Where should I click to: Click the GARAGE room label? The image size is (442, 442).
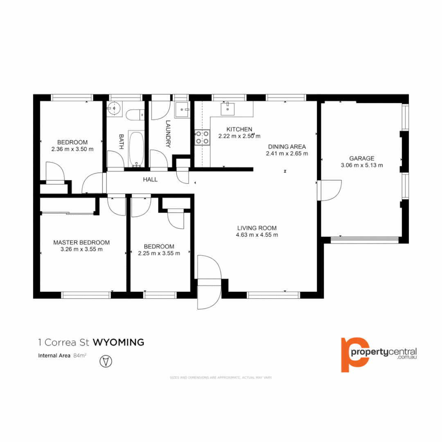click(361, 158)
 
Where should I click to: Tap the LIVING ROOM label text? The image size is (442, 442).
click(257, 228)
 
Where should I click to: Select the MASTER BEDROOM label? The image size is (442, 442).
click(81, 242)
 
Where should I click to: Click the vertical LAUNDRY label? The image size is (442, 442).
click(168, 133)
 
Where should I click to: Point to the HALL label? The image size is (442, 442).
click(150, 179)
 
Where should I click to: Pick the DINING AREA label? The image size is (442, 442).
click(287, 147)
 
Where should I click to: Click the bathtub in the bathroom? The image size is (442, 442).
click(136, 149)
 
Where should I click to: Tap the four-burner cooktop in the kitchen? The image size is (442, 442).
click(202, 137)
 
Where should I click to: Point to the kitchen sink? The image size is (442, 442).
click(227, 109)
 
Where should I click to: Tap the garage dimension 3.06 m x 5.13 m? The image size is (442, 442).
click(362, 165)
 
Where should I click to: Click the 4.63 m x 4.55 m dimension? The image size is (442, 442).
click(257, 235)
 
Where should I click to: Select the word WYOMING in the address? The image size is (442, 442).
click(119, 342)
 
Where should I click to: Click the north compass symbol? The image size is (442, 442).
click(106, 361)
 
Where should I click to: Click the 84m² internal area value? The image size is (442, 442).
click(80, 355)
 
